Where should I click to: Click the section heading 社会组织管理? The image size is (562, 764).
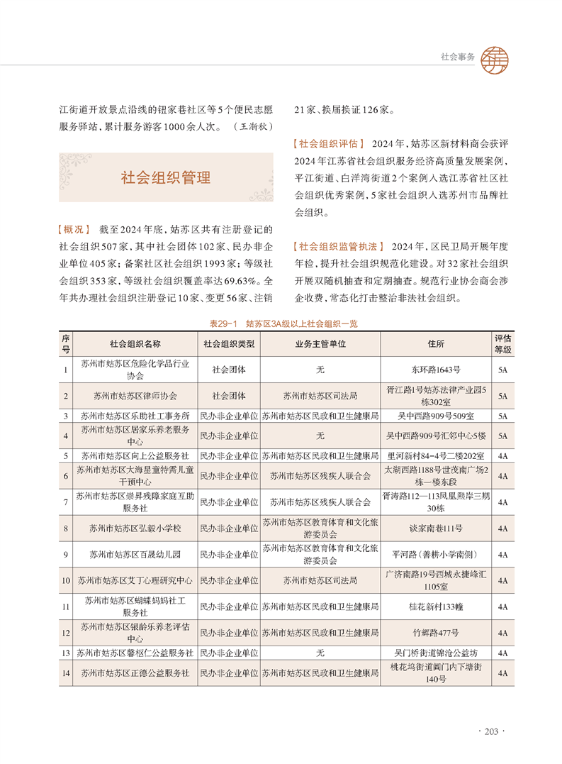166,177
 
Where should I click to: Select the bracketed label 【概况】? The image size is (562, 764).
73,230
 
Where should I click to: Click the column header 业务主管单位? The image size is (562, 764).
320,344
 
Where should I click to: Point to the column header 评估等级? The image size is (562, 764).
502,344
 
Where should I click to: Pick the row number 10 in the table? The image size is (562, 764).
65,580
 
